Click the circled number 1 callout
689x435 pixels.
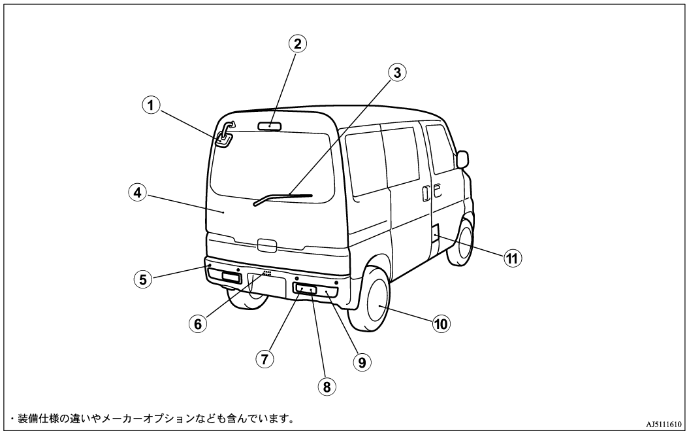151,106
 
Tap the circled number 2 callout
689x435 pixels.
298,44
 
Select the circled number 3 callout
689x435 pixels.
397,73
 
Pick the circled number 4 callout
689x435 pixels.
138,193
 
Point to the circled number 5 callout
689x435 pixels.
143,279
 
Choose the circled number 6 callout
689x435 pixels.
198,324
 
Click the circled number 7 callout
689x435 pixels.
264,359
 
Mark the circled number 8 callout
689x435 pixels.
327,387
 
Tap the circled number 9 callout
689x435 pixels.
362,362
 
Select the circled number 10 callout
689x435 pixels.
441,324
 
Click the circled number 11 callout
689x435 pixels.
513,258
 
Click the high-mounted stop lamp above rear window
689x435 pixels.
269,126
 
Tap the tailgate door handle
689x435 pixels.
266,245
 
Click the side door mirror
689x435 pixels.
462,160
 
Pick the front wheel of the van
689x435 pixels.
461,242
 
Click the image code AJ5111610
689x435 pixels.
664,424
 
